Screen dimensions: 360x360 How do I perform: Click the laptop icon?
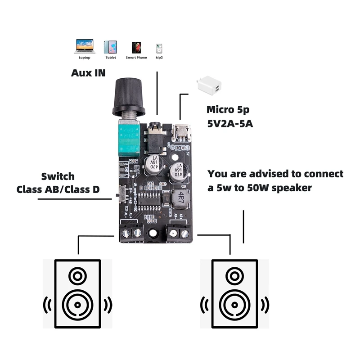85,46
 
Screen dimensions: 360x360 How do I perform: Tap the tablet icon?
111,47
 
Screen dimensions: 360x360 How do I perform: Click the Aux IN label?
88,72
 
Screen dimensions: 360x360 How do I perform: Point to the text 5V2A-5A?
230,123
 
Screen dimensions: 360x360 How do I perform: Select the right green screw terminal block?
178,233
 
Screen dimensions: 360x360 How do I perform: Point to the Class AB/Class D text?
58,189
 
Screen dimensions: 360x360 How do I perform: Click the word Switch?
58,176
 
